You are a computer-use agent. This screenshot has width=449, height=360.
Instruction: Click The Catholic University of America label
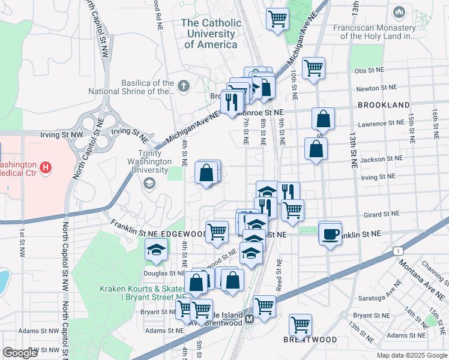coord(211,34)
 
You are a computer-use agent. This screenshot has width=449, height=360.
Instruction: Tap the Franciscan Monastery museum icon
coord(400,12)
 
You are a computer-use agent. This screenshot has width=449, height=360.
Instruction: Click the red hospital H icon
coord(44,166)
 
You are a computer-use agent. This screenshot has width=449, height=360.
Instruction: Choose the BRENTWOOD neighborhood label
coord(310,340)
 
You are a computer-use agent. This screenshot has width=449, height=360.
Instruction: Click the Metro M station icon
coord(249,320)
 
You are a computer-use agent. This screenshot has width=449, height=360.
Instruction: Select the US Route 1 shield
coord(398,249)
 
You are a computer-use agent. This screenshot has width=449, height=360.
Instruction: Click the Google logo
coord(20,352)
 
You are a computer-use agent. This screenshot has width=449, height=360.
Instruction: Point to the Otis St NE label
coord(369,70)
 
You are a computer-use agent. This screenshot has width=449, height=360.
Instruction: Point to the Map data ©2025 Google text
coord(411,355)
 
